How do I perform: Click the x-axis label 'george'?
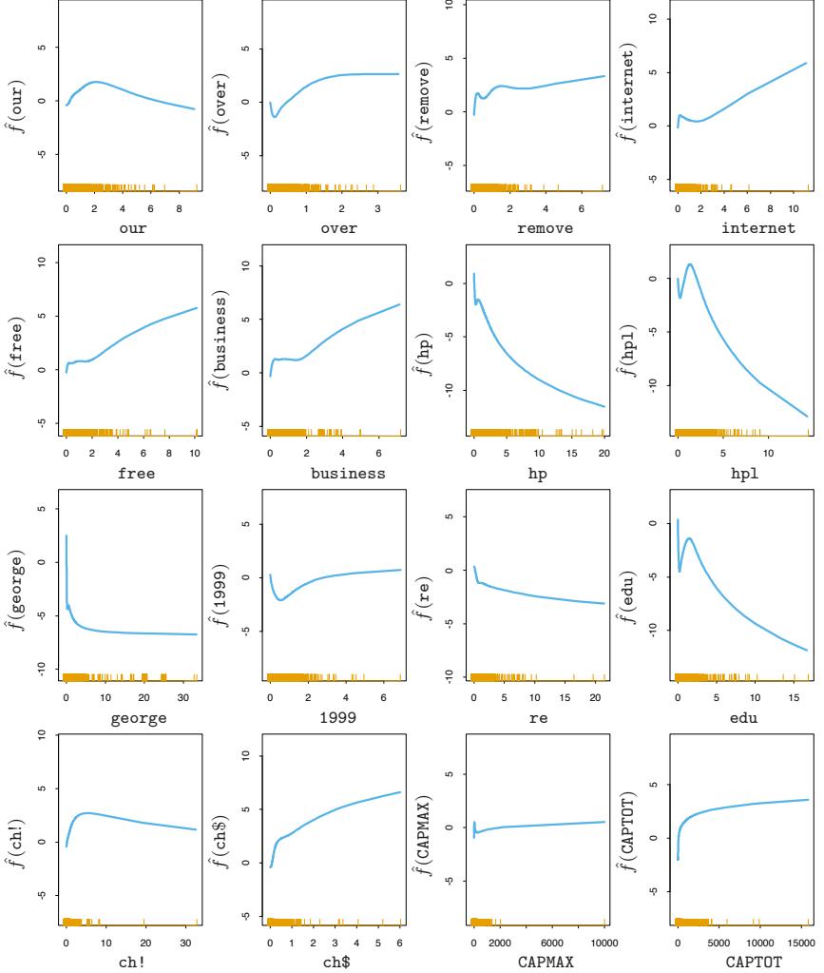pyautogui.click(x=131, y=717)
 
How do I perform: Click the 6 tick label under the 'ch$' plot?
pyautogui.click(x=400, y=943)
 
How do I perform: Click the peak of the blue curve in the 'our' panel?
pyautogui.click(x=96, y=81)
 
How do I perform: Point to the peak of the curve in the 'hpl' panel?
pyautogui.click(x=689, y=264)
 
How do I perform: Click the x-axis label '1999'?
pyautogui.click(x=335, y=717)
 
